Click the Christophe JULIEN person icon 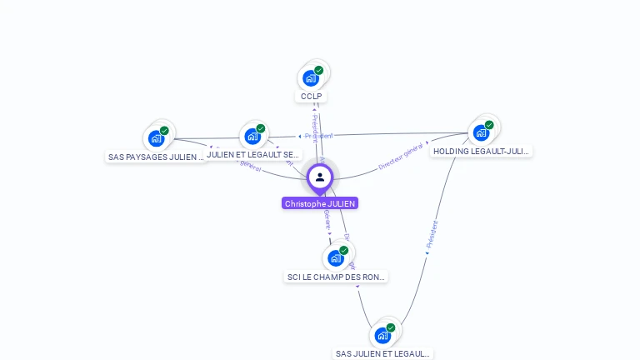[320, 177]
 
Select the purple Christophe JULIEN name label [320, 203]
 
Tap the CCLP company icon [311, 78]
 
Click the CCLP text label [311, 97]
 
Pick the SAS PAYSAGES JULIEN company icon [156, 138]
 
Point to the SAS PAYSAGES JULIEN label [156, 157]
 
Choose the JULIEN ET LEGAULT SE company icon [252, 137]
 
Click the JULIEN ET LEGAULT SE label [252, 155]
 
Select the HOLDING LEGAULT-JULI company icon [481, 132]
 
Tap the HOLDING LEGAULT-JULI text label [481, 152]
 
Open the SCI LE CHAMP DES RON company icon [336, 258]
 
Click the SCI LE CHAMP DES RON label [337, 277]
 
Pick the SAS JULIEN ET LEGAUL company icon [382, 335]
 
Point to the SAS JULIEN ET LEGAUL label [382, 353]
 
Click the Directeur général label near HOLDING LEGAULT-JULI [401, 156]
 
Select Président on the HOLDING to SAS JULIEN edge [432, 236]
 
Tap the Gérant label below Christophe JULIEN [327, 221]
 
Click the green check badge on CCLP [319, 70]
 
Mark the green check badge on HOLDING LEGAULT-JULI [489, 125]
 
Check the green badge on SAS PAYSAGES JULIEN [164, 130]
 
